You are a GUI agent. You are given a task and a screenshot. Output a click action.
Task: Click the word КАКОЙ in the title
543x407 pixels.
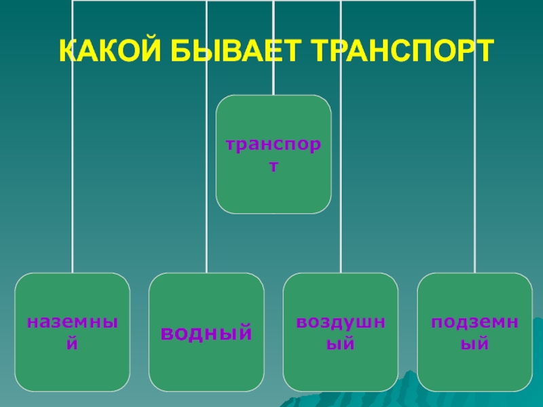[x=101, y=52]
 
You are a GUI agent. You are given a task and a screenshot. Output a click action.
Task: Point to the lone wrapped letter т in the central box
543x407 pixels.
[x=274, y=165]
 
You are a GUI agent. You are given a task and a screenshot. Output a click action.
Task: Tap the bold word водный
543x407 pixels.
[x=206, y=333]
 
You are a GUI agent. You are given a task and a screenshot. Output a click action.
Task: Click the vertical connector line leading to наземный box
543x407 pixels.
[x=73, y=170]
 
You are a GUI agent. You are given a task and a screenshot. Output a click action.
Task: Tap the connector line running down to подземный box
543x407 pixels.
[x=474, y=170]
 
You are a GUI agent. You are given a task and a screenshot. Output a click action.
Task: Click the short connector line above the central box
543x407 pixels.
[x=274, y=81]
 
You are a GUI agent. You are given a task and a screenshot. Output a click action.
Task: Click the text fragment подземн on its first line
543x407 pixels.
[x=474, y=322]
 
